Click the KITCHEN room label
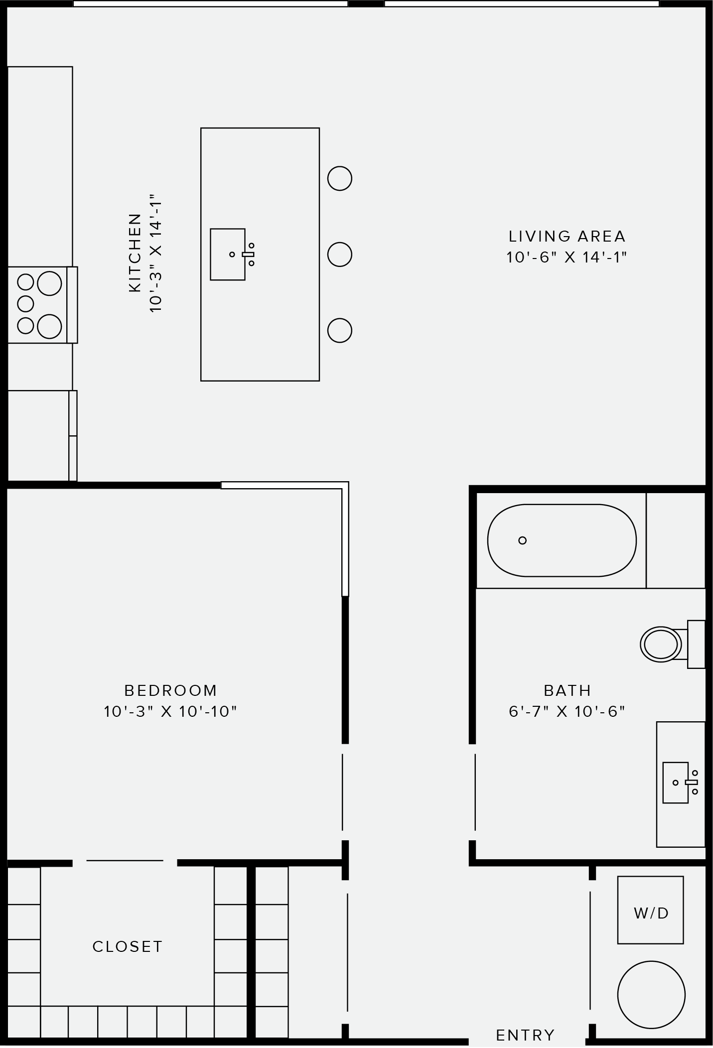(135, 253)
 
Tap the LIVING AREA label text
(567, 236)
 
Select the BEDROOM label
(170, 690)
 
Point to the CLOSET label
(128, 946)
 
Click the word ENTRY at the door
(525, 1035)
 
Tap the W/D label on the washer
(651, 913)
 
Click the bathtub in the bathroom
(562, 540)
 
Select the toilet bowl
(660, 644)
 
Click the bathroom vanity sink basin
(675, 783)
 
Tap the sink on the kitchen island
(228, 255)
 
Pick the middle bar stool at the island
(340, 255)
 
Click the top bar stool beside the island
(340, 178)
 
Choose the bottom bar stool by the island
(340, 330)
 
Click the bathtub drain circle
(522, 540)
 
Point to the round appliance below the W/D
(651, 995)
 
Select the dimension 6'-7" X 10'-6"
(567, 711)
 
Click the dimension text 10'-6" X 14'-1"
(567, 258)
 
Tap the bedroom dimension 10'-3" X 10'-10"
(170, 711)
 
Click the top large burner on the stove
(49, 283)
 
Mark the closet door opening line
(125, 860)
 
